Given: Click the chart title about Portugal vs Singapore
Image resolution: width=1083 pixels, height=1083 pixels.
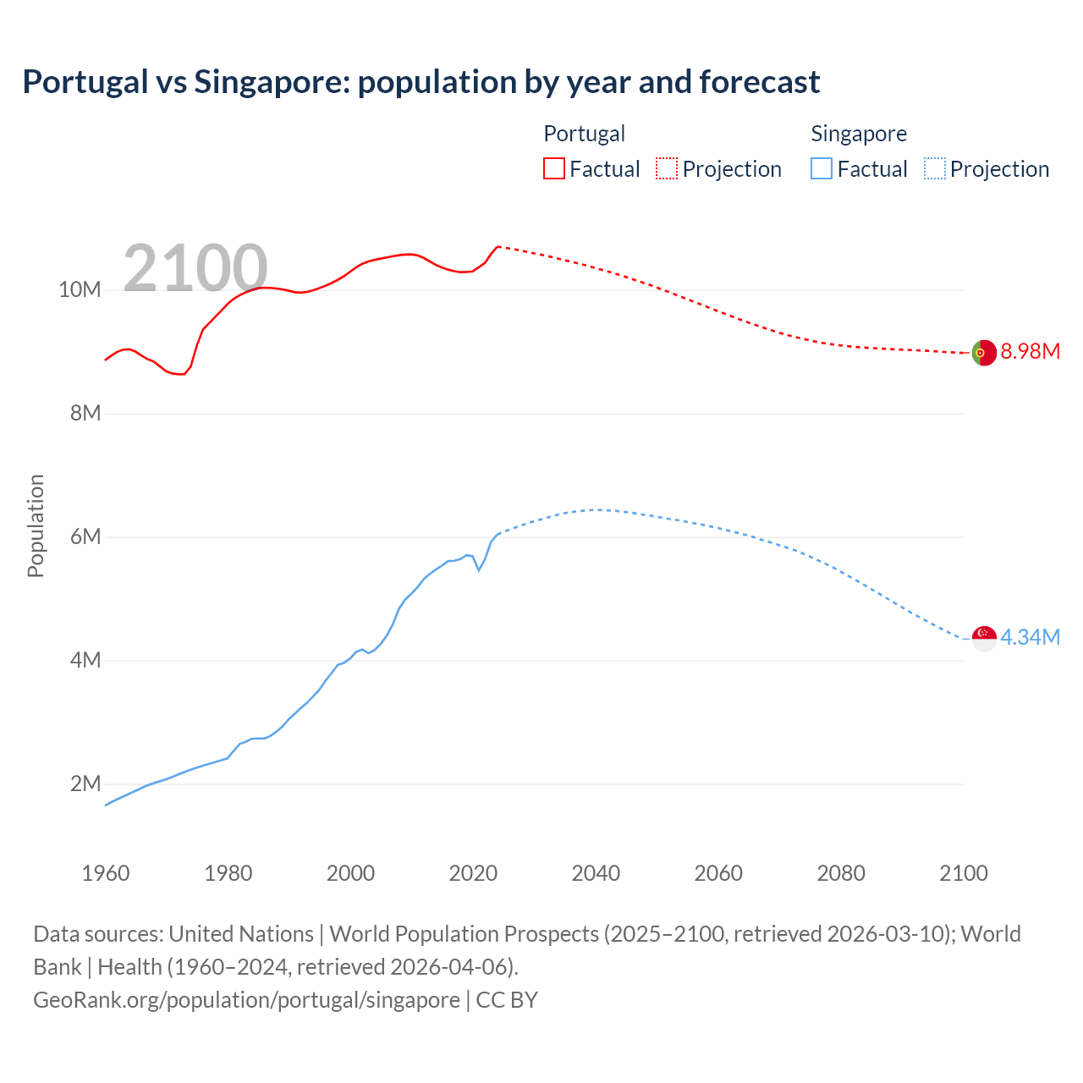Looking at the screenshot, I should (x=421, y=82).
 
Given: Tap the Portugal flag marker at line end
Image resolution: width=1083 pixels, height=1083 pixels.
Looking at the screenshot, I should (x=983, y=353).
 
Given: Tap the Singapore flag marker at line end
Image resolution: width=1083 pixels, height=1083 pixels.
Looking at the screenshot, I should (x=984, y=638).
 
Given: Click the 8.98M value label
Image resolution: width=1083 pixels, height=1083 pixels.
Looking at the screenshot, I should (x=1030, y=352).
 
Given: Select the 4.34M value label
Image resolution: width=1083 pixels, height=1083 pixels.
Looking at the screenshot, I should (x=1030, y=637).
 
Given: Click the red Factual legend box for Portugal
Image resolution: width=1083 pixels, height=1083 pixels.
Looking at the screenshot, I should (x=554, y=168).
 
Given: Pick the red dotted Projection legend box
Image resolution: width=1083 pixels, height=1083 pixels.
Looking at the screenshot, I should (x=667, y=168).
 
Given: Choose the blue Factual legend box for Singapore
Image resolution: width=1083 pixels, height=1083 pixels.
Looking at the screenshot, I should (x=822, y=168).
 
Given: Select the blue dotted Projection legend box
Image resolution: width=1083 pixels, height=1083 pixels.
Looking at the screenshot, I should (x=934, y=168).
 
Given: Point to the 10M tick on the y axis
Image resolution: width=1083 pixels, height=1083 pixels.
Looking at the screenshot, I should (x=80, y=290).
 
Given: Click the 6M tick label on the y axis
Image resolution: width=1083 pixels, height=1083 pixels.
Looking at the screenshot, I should (x=85, y=537).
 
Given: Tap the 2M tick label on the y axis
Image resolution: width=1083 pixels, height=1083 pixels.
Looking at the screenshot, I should (x=85, y=784).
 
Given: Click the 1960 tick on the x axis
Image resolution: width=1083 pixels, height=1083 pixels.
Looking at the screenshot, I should (x=106, y=873).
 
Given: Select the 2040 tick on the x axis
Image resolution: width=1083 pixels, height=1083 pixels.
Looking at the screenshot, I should (x=596, y=873).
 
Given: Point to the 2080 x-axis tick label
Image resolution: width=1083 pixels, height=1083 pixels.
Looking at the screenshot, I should (x=841, y=873).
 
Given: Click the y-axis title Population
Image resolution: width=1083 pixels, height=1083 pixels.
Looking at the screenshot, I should (x=36, y=525).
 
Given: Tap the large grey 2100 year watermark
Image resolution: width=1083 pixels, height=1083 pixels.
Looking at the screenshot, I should (x=195, y=268).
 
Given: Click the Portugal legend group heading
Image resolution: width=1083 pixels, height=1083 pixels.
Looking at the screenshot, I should (x=584, y=134).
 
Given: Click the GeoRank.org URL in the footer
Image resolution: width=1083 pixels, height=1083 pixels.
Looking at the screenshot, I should (x=246, y=999).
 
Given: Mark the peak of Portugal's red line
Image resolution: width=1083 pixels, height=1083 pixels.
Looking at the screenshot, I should (x=498, y=246).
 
